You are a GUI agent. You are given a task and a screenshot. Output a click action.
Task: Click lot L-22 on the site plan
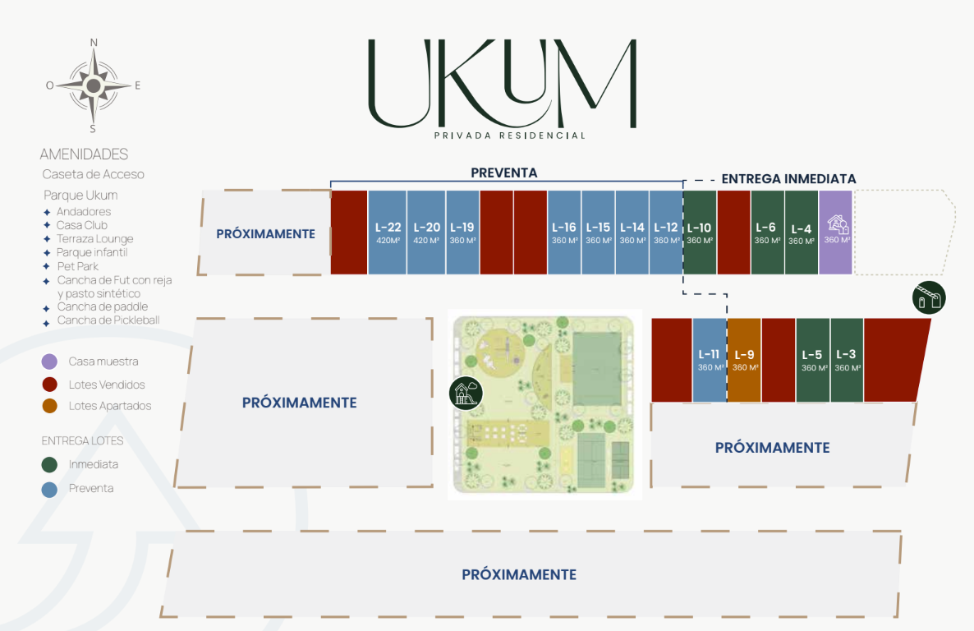388,233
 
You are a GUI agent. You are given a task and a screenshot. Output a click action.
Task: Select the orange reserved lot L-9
744,360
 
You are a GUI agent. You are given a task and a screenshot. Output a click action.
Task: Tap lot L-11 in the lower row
710,360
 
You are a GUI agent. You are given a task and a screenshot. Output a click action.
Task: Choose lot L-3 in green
847,360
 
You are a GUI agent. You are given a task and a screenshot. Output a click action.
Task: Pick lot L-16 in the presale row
564,233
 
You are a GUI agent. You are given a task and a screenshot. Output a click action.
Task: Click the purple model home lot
836,233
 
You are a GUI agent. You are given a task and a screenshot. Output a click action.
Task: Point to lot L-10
700,233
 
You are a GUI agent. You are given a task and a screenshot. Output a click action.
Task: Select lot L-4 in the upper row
802,233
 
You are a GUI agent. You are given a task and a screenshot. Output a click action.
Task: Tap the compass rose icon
94,85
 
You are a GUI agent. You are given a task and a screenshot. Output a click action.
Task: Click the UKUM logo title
502,84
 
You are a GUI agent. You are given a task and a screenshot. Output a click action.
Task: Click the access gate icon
929,297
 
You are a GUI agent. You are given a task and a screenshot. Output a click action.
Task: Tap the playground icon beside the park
466,392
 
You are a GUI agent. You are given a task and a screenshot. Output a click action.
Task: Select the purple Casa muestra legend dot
50,362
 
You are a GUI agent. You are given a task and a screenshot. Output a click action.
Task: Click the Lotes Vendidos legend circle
50,385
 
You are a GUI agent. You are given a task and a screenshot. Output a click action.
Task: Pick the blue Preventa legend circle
50,489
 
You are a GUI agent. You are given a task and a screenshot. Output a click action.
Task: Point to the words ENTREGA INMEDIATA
788,179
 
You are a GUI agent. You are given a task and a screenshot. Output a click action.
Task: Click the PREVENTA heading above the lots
503,173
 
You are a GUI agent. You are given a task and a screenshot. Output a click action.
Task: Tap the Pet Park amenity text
77,266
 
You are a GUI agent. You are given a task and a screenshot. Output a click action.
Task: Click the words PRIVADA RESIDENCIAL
509,136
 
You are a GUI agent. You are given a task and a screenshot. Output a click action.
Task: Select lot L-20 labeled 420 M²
427,233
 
